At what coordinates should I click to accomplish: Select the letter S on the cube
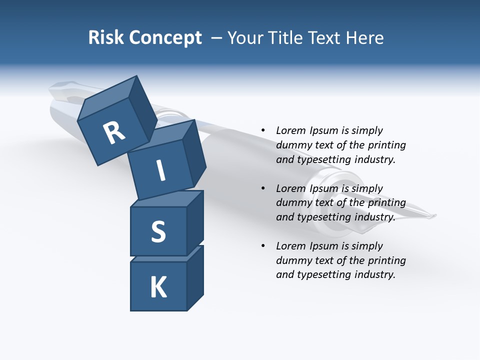tap(158, 231)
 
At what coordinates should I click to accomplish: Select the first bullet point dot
tap(263, 130)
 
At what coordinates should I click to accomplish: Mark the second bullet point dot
tap(263, 188)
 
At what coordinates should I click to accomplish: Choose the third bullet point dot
tap(263, 245)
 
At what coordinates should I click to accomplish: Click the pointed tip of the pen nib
tap(435, 216)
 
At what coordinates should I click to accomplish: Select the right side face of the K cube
tap(195, 278)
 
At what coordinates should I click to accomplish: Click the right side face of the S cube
tap(195, 223)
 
